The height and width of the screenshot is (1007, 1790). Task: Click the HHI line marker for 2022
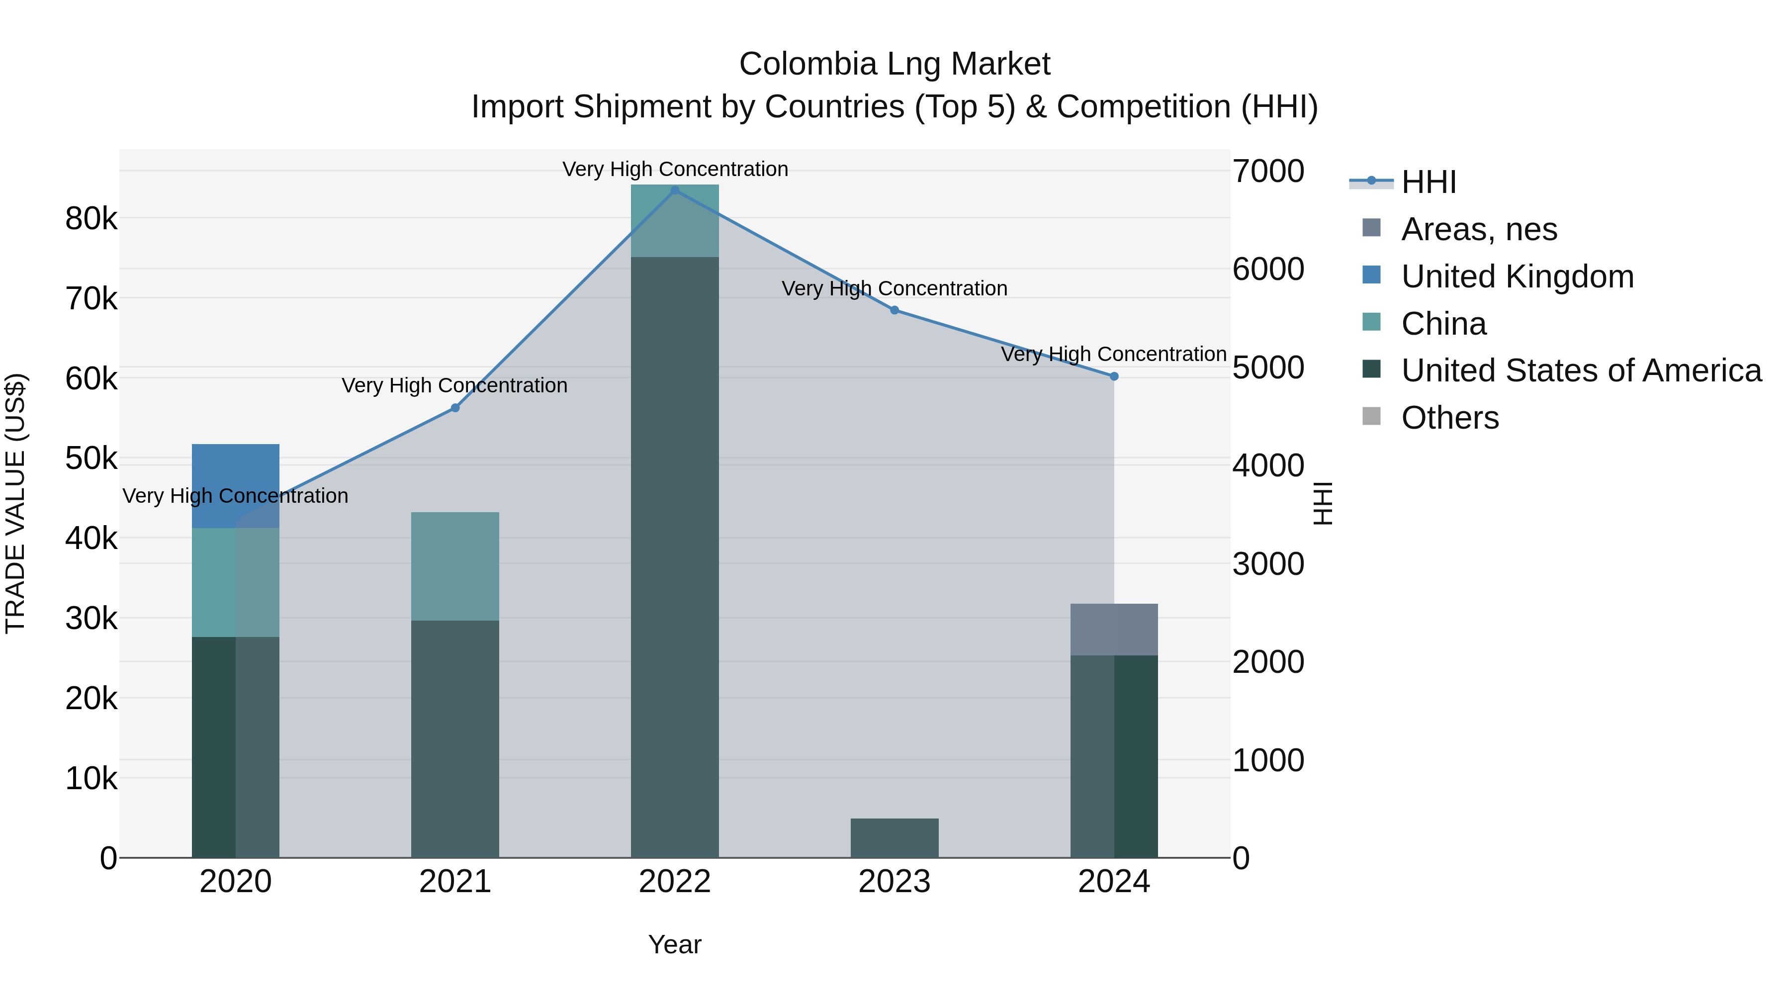click(675, 190)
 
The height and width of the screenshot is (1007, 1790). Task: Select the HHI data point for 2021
click(455, 408)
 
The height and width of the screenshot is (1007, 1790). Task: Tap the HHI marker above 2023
click(895, 310)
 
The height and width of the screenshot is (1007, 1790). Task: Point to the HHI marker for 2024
click(1114, 376)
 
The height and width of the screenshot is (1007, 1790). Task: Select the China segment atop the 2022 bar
click(675, 220)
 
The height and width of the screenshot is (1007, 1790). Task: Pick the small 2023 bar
click(895, 837)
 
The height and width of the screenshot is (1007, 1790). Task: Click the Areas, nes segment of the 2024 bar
click(1114, 629)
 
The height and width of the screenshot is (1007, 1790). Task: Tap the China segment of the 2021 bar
click(455, 566)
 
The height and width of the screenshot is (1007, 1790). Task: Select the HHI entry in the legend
click(1428, 182)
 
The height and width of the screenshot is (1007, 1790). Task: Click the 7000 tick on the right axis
click(1268, 171)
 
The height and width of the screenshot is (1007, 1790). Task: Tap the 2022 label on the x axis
click(675, 882)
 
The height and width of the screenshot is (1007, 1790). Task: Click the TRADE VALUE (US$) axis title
click(16, 503)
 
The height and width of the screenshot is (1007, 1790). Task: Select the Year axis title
click(675, 944)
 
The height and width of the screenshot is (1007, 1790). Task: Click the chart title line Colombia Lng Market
click(895, 64)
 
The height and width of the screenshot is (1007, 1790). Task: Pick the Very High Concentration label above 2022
click(675, 169)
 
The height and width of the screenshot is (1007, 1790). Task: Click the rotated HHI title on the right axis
click(1322, 503)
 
